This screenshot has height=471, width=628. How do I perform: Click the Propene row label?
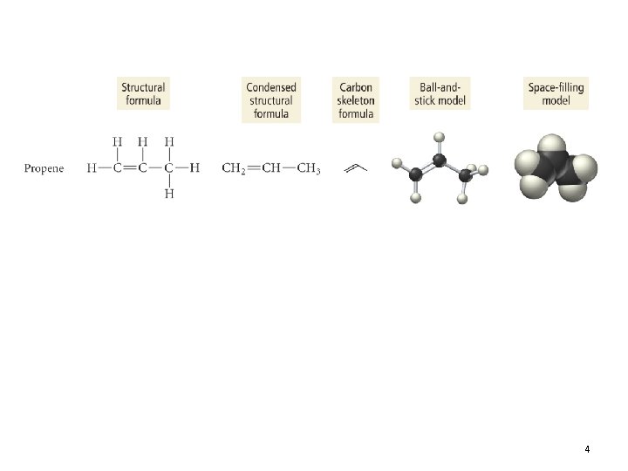[x=44, y=168]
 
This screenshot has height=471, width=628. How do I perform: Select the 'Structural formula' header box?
[x=143, y=93]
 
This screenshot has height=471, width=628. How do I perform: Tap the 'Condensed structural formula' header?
[x=271, y=99]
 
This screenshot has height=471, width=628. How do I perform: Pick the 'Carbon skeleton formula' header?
[x=356, y=99]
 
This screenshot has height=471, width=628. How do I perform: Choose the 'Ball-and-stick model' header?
[x=440, y=93]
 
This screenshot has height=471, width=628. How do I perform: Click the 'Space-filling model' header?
[x=556, y=93]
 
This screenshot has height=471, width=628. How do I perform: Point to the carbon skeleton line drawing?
[x=356, y=168]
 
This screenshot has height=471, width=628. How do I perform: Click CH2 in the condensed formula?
[x=234, y=168]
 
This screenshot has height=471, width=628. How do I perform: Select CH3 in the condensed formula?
[x=309, y=168]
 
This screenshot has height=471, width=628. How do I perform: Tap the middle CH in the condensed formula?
[x=271, y=167]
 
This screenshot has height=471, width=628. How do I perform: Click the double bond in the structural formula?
[x=130, y=167]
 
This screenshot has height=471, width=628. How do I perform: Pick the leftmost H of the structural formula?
[x=92, y=167]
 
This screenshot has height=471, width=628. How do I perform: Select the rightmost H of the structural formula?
[x=195, y=167]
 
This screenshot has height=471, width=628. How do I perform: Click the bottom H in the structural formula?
[x=169, y=194]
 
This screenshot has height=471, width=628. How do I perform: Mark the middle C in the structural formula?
[x=142, y=167]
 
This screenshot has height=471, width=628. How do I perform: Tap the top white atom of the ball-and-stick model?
[x=440, y=137]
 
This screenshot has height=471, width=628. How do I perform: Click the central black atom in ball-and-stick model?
[x=440, y=160]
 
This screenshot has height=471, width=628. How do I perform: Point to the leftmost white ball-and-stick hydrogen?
[x=397, y=163]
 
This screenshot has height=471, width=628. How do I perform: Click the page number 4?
[x=587, y=449]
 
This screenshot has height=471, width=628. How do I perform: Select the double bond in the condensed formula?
[x=254, y=168]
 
